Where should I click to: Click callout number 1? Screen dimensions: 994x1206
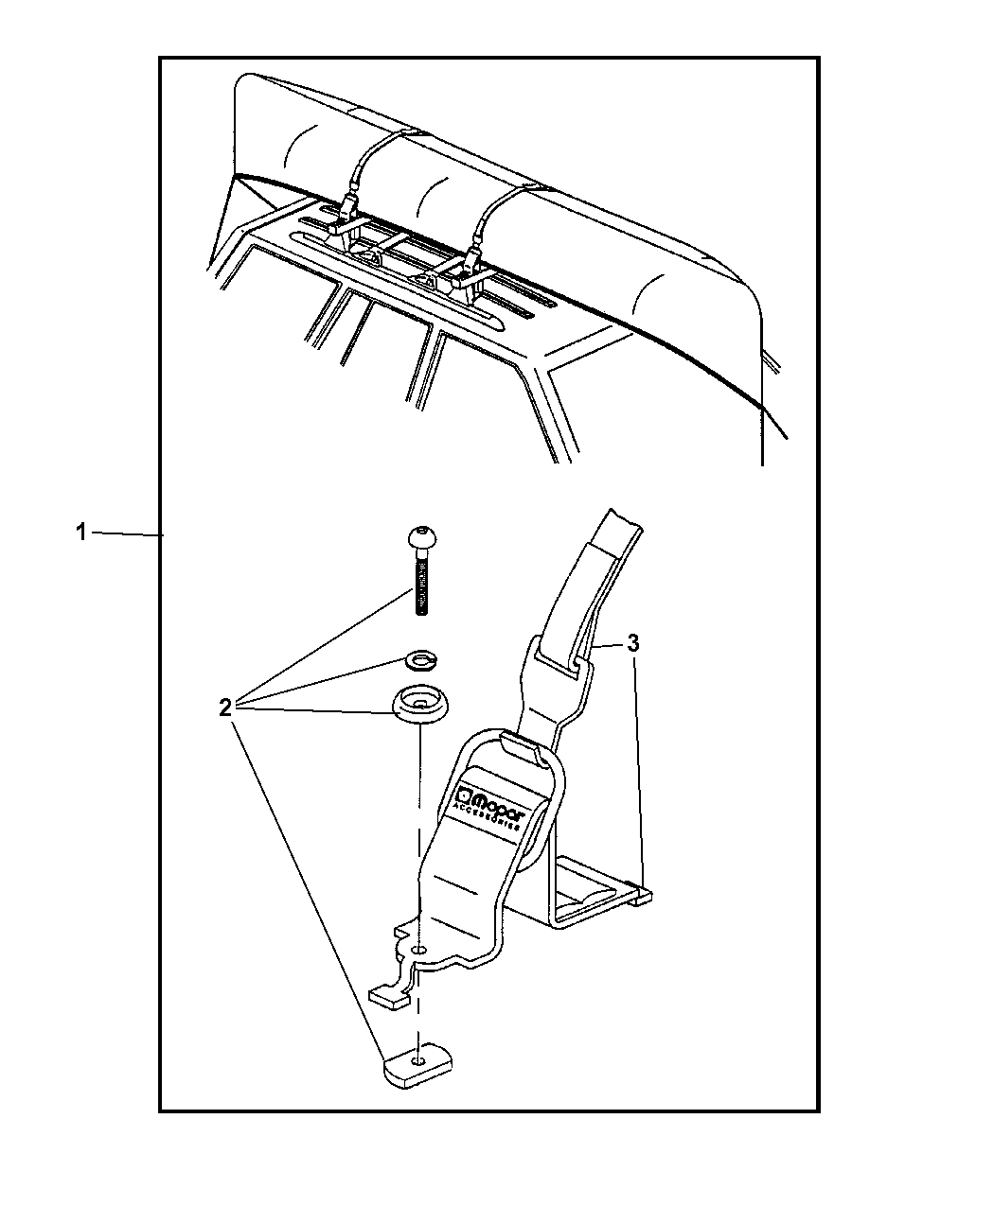coord(81,532)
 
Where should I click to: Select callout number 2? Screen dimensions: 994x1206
coord(225,707)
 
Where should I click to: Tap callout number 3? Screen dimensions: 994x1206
coord(633,643)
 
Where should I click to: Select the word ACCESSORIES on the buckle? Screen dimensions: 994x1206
coord(485,815)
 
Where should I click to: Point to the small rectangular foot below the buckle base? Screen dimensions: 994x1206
coord(388,998)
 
